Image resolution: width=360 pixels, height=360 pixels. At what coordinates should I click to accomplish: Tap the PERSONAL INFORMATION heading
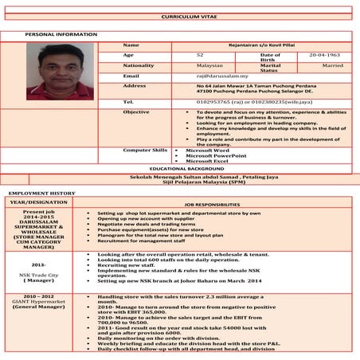click(61, 35)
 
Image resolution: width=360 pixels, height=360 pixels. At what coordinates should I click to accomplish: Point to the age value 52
click(200, 56)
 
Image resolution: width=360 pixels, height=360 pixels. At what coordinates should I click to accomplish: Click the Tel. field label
click(128, 102)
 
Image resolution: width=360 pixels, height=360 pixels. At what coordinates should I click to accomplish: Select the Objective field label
click(136, 112)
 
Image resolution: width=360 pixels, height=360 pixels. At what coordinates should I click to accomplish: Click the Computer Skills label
click(144, 150)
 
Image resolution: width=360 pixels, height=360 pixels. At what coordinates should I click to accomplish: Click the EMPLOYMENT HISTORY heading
click(42, 194)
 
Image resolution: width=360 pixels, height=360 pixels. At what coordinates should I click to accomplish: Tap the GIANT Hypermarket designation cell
click(39, 303)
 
